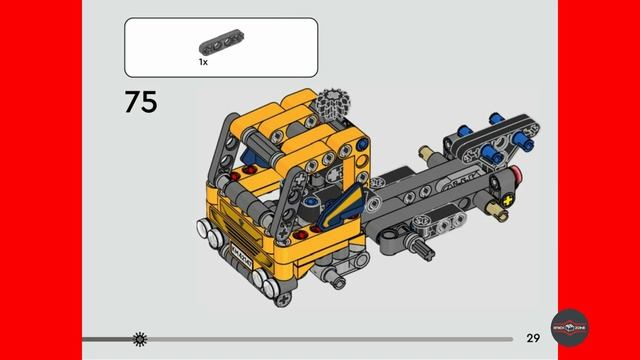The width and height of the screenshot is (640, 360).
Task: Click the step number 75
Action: (141, 101)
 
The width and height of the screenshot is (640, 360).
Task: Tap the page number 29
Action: (533, 338)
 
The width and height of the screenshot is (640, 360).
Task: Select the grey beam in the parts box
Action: (221, 46)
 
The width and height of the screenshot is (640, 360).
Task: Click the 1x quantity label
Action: (203, 62)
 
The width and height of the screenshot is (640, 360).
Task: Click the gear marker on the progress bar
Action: (139, 339)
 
